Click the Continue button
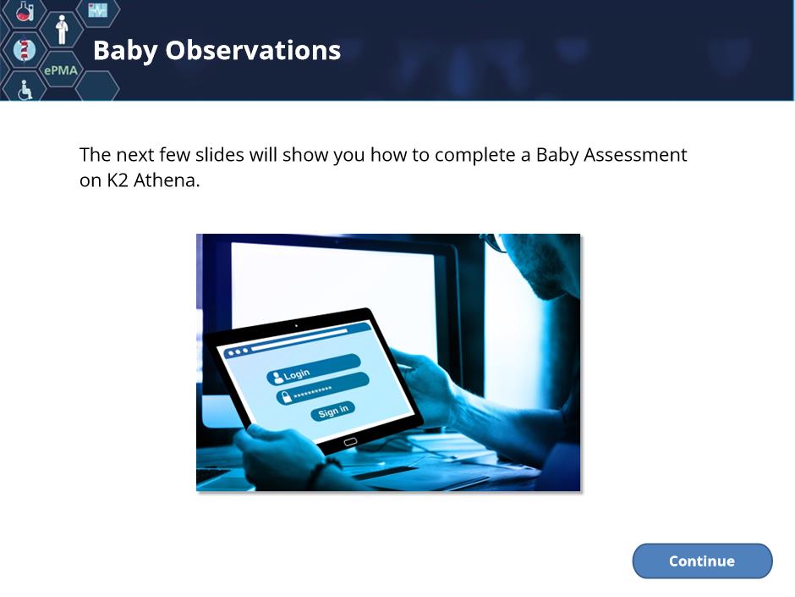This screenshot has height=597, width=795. [x=702, y=561]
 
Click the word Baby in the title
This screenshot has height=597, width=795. [x=125, y=52]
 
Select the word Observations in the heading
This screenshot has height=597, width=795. [x=253, y=50]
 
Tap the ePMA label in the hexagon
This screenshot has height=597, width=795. [x=61, y=70]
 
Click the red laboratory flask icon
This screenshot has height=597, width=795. [x=24, y=10]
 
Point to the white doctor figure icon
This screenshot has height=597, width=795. [x=62, y=30]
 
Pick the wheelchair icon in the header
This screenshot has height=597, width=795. [x=25, y=90]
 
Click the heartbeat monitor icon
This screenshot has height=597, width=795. [x=98, y=9]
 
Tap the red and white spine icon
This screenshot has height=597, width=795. [x=24, y=50]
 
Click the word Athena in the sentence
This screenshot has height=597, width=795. [x=167, y=180]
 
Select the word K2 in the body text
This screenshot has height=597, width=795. [x=117, y=180]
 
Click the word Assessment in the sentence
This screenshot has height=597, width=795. [x=635, y=155]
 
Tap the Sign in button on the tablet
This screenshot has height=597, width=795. [x=333, y=411]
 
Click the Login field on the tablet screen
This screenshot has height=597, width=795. [x=313, y=369]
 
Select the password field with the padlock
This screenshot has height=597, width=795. [x=322, y=388]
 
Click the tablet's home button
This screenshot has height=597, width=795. [x=350, y=442]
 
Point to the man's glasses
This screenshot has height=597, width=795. [x=495, y=242]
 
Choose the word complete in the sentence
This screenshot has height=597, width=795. [x=475, y=155]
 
